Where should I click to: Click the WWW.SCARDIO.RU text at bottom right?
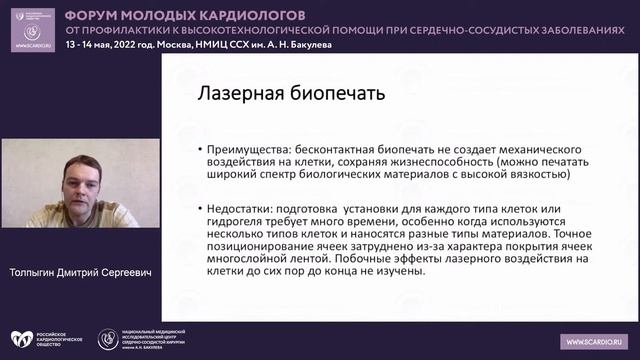(x=596, y=340)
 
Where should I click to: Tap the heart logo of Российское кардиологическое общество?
(x=21, y=340)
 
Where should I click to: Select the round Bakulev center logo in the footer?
(x=107, y=340)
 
